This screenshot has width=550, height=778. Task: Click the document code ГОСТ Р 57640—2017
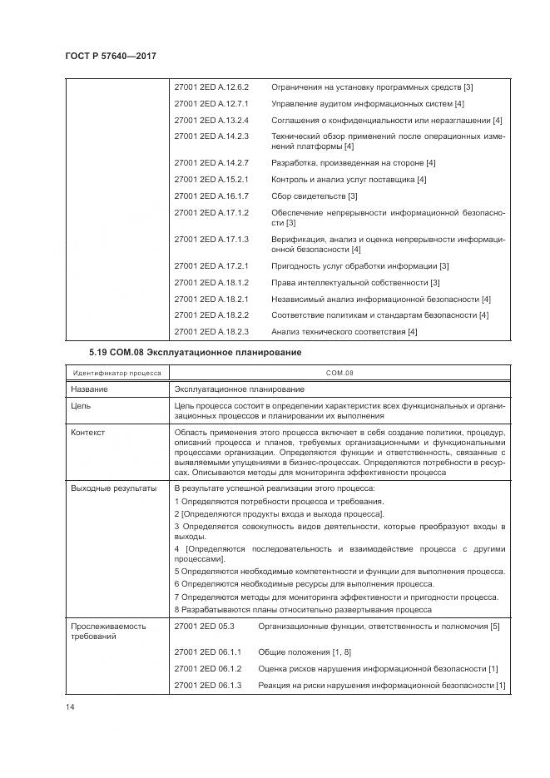[111, 56]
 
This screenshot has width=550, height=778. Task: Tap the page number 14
[69, 707]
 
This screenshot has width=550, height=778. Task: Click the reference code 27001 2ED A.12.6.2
[211, 87]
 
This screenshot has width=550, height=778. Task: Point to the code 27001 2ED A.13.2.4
[211, 120]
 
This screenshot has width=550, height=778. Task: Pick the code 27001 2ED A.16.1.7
[211, 196]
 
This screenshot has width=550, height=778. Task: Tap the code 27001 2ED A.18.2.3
[211, 331]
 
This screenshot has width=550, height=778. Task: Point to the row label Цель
[81, 405]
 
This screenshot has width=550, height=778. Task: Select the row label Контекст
[88, 433]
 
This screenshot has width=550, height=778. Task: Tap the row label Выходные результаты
[113, 488]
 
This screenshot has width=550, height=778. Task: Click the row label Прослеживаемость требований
[108, 631]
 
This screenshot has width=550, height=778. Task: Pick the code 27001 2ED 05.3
[205, 626]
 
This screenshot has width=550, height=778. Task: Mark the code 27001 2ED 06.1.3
[207, 685]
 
